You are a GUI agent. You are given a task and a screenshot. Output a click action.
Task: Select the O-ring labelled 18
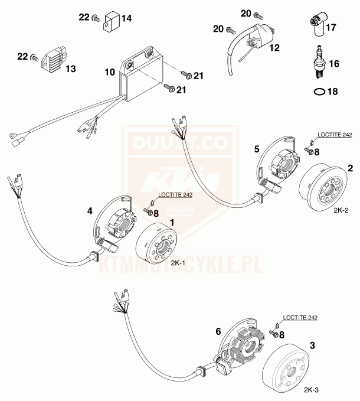[318, 92]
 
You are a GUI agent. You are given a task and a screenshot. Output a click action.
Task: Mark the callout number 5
[256, 149]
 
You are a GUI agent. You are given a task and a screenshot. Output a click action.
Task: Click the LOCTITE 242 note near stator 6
[300, 318]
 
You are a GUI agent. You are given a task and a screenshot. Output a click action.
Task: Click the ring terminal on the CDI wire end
[12, 139]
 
